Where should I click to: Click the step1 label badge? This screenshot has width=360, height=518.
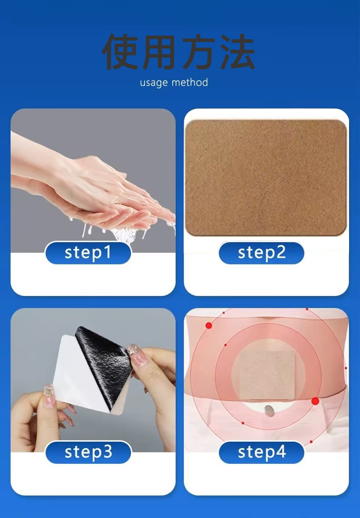point(88,253)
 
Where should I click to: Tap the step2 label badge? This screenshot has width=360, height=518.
point(261,253)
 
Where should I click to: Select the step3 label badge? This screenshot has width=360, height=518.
point(88,452)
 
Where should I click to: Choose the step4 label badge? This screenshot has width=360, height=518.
point(261,452)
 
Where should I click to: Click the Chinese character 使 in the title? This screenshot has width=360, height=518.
point(120,52)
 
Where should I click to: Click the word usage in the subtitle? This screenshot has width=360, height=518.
point(154,83)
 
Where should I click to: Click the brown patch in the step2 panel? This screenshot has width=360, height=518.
point(266,178)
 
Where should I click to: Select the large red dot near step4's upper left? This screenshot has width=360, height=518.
point(209,325)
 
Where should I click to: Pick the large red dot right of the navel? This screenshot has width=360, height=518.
point(315,401)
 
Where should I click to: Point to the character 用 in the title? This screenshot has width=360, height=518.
point(159,52)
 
